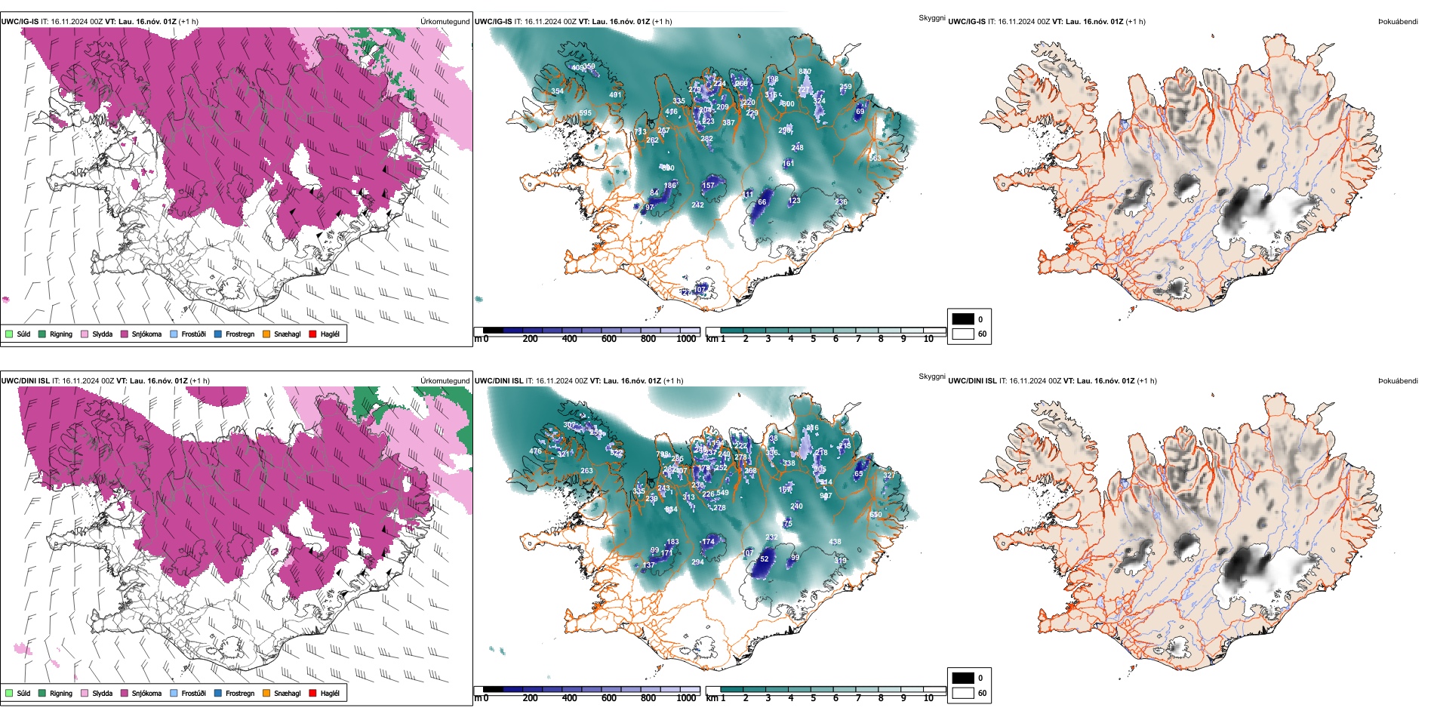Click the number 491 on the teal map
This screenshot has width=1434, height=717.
[x=615, y=94]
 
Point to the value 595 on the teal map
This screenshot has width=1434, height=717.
[x=586, y=113]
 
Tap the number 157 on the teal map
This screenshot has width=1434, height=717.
[x=708, y=185]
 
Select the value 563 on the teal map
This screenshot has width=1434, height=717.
[x=875, y=158]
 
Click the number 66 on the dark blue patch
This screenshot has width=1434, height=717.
[x=762, y=202]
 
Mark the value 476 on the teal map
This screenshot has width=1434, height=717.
[x=535, y=451]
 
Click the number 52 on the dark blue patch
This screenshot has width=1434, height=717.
[x=764, y=559]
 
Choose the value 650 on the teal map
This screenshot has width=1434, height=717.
[x=875, y=515]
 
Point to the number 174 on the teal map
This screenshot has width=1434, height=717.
[x=708, y=542]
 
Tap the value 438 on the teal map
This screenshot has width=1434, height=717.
[x=835, y=542]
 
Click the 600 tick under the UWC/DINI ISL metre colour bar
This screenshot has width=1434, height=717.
[x=608, y=698]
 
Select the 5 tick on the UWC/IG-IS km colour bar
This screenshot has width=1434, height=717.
[x=813, y=339]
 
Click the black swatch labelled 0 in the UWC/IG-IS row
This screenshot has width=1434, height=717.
[x=963, y=319]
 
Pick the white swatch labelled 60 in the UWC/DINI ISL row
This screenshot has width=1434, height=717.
[x=963, y=693]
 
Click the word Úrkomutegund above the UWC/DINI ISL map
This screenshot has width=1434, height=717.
[x=445, y=380]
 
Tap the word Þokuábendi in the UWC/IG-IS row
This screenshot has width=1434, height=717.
[x=1398, y=22]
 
